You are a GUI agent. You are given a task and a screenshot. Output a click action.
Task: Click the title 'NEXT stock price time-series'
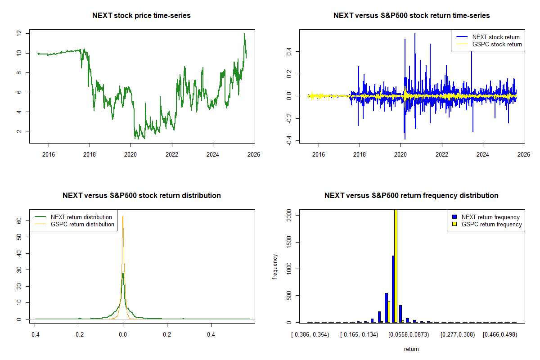coord(141,16)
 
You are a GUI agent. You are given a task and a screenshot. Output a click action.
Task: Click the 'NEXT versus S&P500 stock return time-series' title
coord(411,16)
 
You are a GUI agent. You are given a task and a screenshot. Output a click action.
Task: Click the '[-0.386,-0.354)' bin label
coord(310,335)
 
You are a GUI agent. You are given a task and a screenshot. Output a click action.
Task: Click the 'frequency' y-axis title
coord(275,267)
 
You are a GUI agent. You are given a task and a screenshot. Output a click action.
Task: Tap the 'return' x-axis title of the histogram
coord(411,349)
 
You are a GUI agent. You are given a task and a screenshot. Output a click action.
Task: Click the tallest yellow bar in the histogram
coord(396,265)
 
